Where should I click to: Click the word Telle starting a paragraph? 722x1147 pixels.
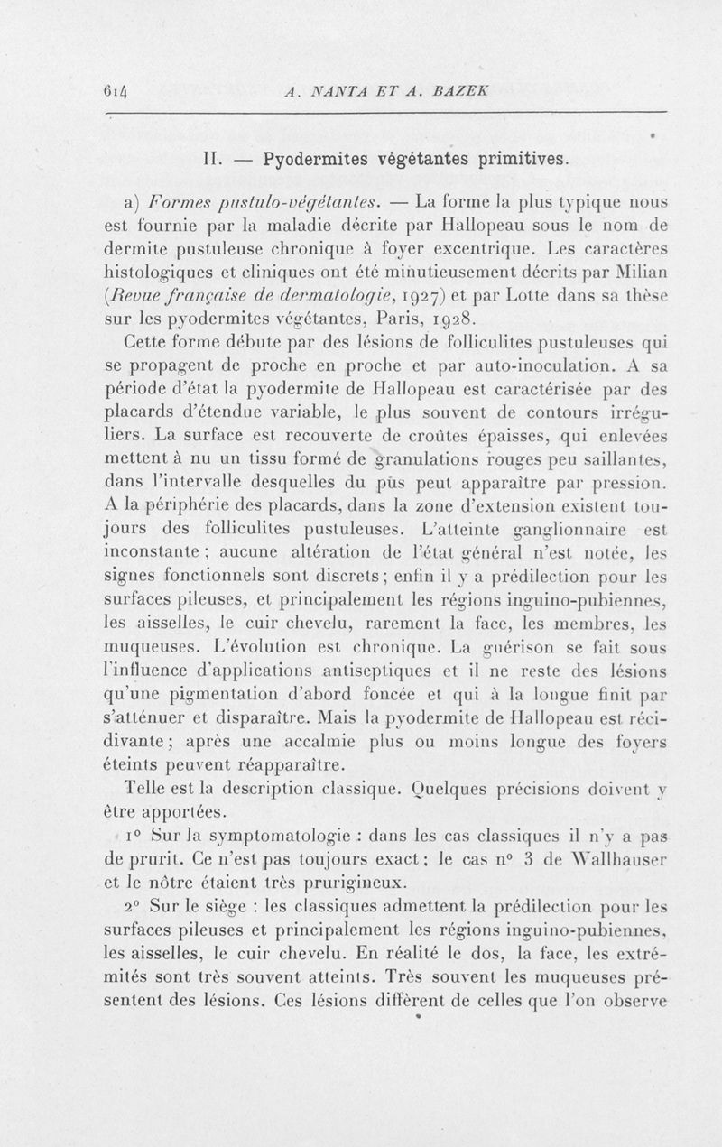(152, 788)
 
